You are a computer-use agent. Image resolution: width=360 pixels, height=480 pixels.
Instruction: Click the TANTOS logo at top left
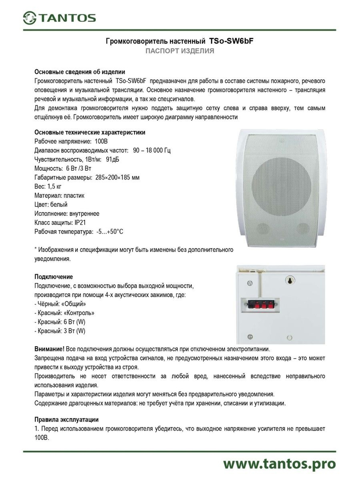(x=59, y=17)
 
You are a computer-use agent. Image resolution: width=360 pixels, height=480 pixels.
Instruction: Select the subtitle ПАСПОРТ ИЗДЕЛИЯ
(x=180, y=51)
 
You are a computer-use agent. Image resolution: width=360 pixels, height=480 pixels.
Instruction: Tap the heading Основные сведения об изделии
(x=80, y=72)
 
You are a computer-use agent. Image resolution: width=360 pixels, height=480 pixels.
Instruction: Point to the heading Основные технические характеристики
(x=90, y=132)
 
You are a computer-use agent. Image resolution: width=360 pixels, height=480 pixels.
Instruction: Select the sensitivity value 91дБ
(x=112, y=159)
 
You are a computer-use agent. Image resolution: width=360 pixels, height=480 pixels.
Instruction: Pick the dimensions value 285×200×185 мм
(x=117, y=177)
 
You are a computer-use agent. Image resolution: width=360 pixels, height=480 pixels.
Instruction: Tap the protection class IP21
(x=80, y=223)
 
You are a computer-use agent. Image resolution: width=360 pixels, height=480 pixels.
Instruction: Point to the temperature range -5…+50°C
(x=109, y=232)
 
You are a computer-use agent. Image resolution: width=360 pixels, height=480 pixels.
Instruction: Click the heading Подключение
(x=53, y=277)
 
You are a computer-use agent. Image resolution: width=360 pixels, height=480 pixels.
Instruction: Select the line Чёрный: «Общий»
(x=60, y=304)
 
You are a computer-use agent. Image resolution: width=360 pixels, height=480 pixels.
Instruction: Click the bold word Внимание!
(x=49, y=349)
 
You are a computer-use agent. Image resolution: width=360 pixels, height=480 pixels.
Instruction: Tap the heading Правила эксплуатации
(x=66, y=420)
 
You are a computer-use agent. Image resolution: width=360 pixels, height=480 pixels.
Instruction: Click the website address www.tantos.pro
(x=279, y=464)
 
